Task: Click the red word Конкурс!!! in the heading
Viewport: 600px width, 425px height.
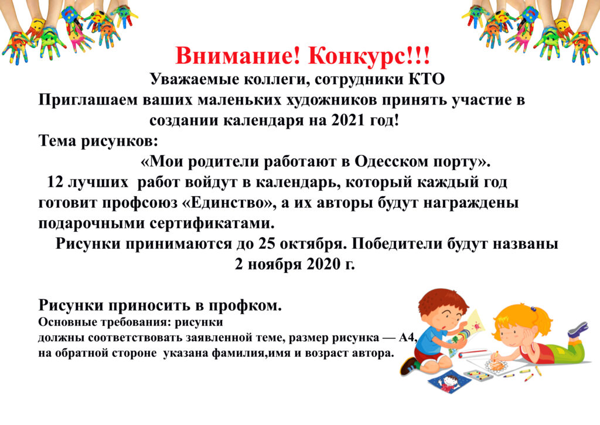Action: pos(369,56)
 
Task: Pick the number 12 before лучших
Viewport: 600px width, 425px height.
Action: pos(54,182)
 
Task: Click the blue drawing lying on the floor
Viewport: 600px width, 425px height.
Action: pos(449,382)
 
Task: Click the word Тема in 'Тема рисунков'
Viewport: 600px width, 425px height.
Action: pos(57,141)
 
